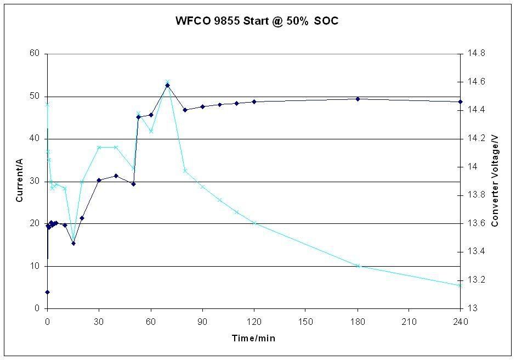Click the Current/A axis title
[x=19, y=181]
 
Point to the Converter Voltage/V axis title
[x=495, y=181]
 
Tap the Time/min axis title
[x=253, y=338]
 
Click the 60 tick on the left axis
[x=36, y=54]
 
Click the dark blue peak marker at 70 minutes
[x=168, y=85]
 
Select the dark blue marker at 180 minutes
[x=358, y=99]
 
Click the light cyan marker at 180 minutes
[x=358, y=266]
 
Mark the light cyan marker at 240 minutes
[x=461, y=285]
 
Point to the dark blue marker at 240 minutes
[x=461, y=102]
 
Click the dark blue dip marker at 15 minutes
[x=73, y=243]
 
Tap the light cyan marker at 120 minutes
[x=254, y=223]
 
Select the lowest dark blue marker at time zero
[x=48, y=292]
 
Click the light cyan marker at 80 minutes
[x=185, y=170]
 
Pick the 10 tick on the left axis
[x=36, y=266]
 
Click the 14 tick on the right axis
[x=472, y=167]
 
